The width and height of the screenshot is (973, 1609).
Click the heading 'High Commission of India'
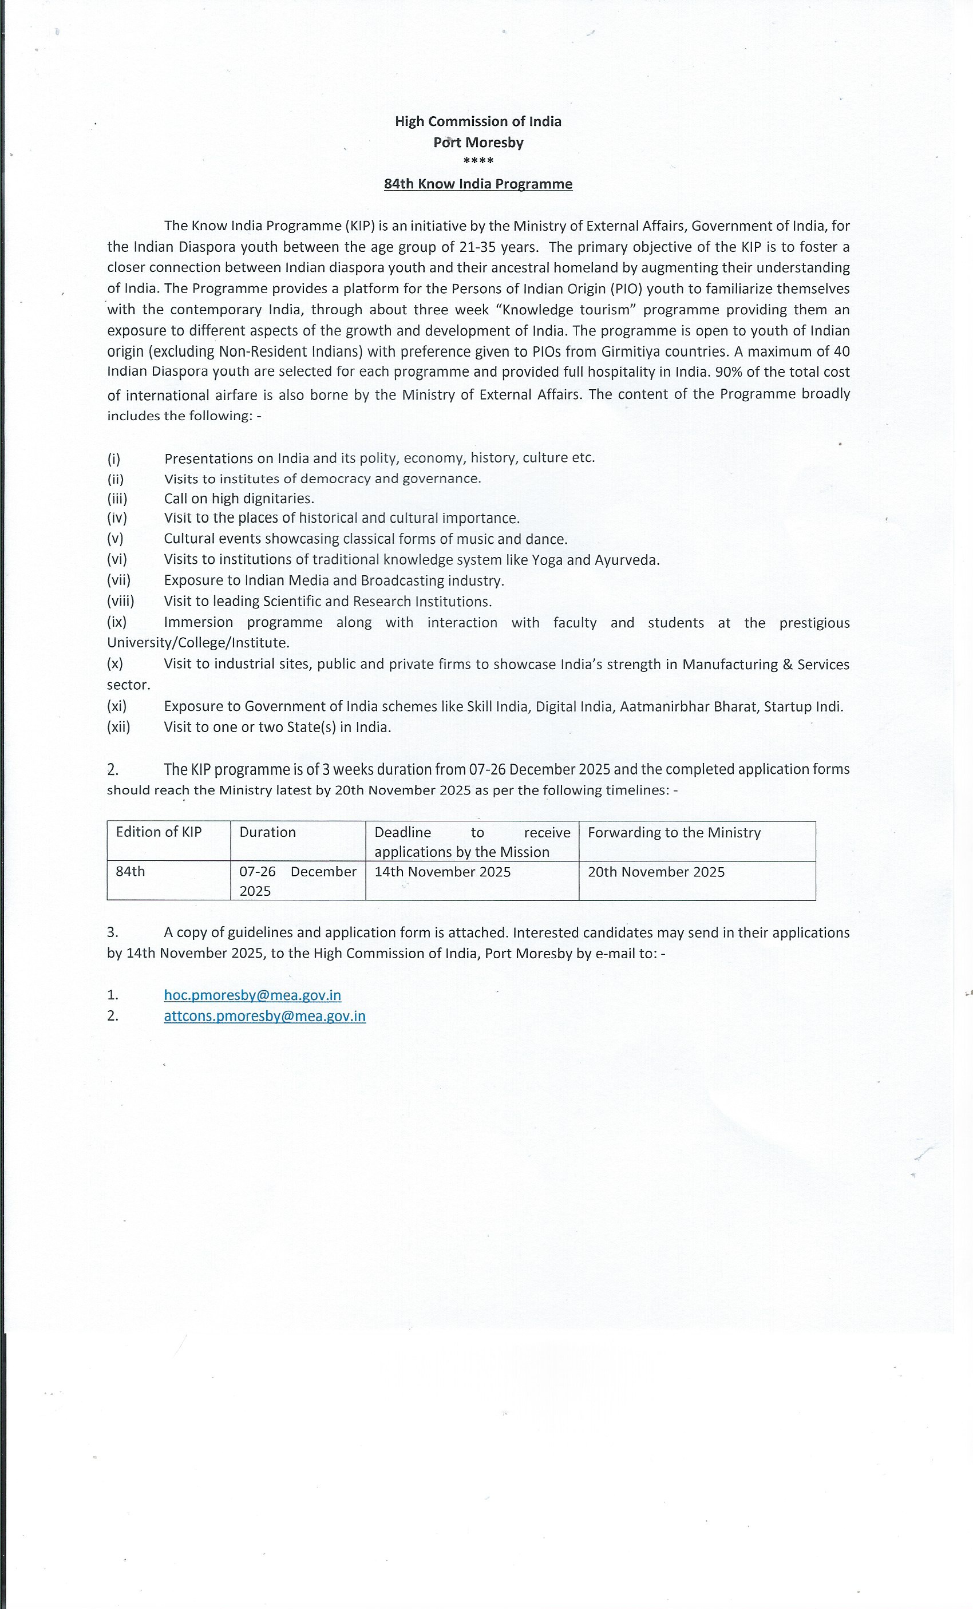coord(478,121)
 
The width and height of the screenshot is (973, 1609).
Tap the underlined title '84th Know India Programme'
coord(478,184)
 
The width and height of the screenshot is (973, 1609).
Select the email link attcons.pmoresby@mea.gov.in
coord(264,1016)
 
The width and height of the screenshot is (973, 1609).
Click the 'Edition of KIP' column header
coord(159,832)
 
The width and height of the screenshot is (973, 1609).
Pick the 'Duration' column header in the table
coord(268,832)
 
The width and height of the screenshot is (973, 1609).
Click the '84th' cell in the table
coord(130,871)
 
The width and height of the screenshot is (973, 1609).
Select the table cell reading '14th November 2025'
coord(443,872)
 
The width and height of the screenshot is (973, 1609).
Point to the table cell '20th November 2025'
coord(656,872)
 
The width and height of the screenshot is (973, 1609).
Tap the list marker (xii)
coord(119,727)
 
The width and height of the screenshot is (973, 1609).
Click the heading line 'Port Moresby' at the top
coord(478,143)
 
